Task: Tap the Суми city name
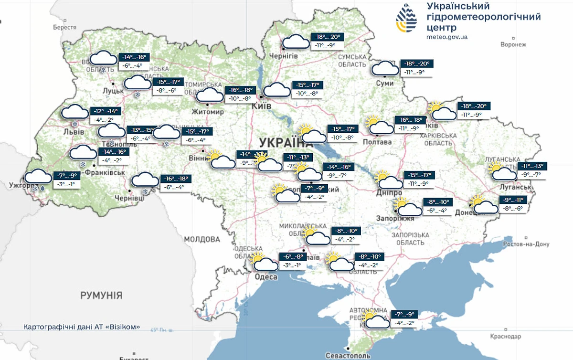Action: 384,83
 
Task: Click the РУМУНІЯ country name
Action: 101,295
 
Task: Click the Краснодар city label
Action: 505,337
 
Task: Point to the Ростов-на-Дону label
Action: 526,244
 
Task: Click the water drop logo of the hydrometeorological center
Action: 406,20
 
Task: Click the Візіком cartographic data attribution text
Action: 82,327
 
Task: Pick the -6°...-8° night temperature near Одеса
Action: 291,256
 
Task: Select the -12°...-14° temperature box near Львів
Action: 105,111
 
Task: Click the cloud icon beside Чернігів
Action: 296,42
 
